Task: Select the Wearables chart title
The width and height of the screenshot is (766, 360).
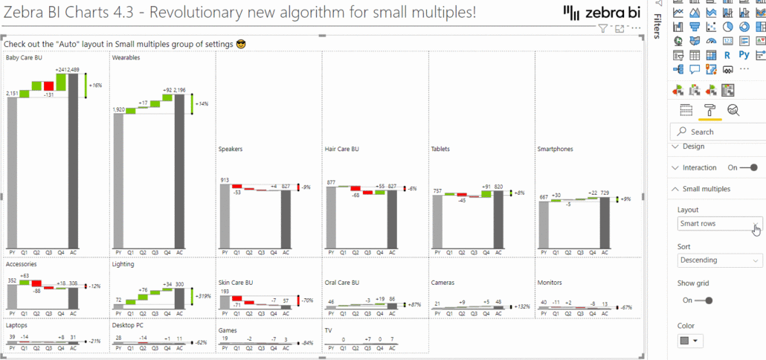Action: pos(126,57)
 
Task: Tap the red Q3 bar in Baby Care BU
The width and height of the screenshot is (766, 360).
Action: pos(48,86)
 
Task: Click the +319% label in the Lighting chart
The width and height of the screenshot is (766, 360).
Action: pos(203,296)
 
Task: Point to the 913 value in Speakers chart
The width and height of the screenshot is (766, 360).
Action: pos(224,180)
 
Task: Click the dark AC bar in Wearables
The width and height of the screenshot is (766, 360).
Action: pos(180,170)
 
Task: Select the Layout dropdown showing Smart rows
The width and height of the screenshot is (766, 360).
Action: pos(720,224)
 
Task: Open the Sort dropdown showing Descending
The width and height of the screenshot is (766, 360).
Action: pos(720,260)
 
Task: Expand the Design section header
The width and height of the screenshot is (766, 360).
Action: pos(693,147)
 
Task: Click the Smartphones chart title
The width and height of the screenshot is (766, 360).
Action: pos(555,149)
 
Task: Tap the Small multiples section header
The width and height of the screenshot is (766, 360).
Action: pos(707,189)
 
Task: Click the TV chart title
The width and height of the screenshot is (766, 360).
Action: pos(328,330)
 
